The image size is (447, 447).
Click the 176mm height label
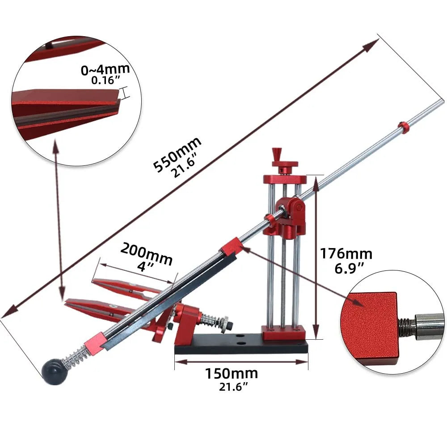point(346,254)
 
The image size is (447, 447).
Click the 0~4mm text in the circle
point(105,70)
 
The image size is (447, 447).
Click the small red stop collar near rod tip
point(404,127)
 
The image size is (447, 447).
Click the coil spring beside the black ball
point(73,356)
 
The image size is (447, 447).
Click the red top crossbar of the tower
point(284,179)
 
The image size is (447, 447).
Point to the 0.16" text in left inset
point(105,81)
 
